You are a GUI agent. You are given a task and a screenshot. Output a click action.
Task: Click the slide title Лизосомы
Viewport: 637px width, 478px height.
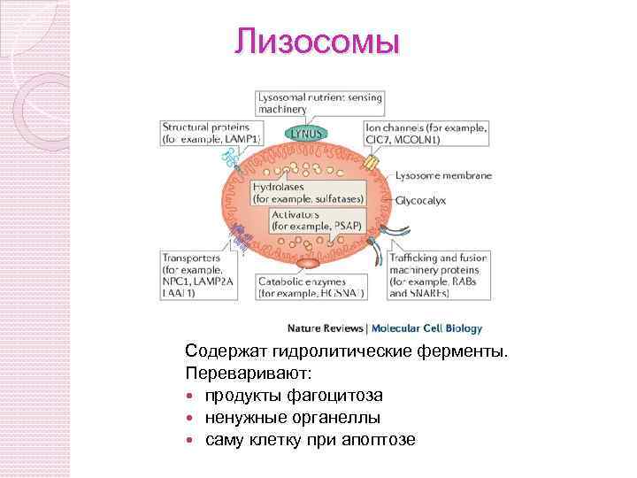[318, 42]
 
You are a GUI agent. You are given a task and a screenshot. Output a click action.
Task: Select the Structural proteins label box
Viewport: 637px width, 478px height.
[211, 133]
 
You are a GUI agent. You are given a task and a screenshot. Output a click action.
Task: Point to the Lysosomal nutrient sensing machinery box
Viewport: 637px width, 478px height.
[318, 103]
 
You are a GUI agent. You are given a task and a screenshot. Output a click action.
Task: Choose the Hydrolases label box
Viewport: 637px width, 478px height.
[306, 194]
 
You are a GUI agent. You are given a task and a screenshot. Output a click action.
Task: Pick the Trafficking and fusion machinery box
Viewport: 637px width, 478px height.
[437, 274]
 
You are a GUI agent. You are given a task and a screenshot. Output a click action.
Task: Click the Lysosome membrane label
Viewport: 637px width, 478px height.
[443, 175]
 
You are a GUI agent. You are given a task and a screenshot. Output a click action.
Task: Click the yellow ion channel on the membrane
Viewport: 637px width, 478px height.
[371, 164]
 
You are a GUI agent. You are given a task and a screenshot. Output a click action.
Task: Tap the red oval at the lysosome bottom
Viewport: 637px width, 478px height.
[307, 262]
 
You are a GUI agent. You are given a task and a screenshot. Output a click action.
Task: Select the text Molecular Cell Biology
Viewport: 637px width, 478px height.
[426, 328]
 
